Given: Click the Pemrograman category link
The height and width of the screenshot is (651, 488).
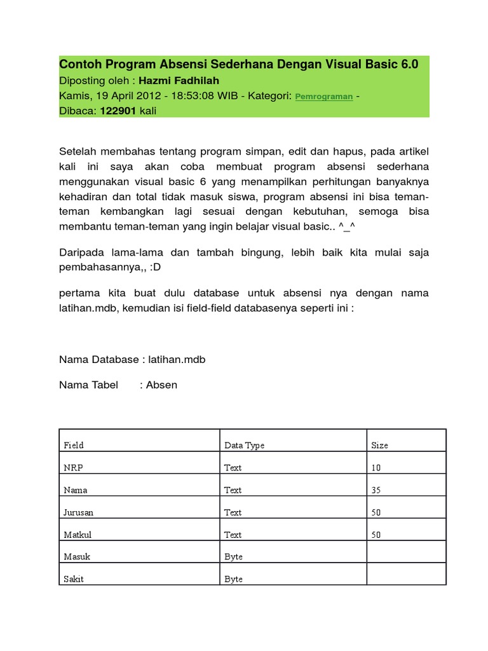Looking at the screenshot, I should pyautogui.click(x=324, y=97).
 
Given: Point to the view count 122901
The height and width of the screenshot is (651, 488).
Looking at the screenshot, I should pyautogui.click(x=117, y=111).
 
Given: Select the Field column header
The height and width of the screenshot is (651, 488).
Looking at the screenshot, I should pyautogui.click(x=73, y=445).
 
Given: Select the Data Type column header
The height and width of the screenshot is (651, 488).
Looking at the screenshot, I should pyautogui.click(x=244, y=445).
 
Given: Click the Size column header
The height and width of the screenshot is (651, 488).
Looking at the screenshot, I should pyautogui.click(x=379, y=445).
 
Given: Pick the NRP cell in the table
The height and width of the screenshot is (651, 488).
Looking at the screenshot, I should pyautogui.click(x=73, y=467).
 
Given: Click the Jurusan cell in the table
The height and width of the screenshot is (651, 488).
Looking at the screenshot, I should pyautogui.click(x=79, y=512).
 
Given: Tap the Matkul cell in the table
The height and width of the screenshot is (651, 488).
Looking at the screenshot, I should pyautogui.click(x=77, y=535).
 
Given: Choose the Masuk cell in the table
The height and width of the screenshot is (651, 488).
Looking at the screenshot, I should pyautogui.click(x=77, y=556).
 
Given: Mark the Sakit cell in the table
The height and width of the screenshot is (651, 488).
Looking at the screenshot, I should pyautogui.click(x=74, y=579).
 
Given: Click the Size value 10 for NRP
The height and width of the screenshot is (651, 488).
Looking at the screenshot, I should pyautogui.click(x=376, y=467).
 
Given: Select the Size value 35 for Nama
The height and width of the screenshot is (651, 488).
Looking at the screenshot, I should pyautogui.click(x=376, y=490).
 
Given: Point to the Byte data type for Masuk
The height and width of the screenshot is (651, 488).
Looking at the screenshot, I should pyautogui.click(x=233, y=556).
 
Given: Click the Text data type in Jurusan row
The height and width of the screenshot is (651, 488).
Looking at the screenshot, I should pyautogui.click(x=233, y=512).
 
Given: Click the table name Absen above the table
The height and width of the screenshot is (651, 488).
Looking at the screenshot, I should pyautogui.click(x=161, y=385).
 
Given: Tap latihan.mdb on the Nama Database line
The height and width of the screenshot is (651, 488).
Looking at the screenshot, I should pyautogui.click(x=177, y=359).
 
